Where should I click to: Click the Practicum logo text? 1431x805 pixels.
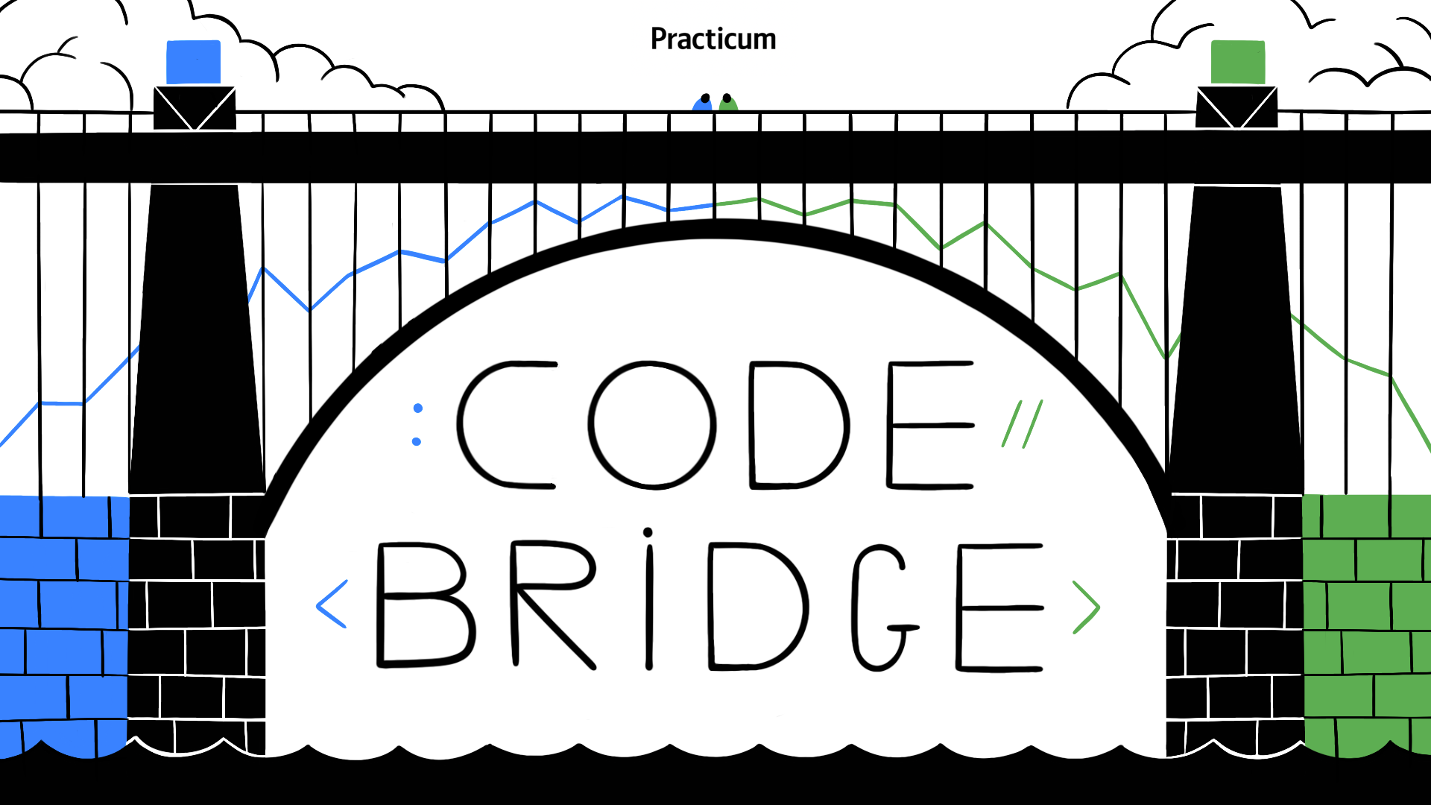[713, 39]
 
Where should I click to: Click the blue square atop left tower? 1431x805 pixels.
[194, 62]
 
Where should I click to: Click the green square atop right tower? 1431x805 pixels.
[1238, 62]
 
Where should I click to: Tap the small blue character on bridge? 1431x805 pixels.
[702, 104]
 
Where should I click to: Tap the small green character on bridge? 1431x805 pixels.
[727, 104]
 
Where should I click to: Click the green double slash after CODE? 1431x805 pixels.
[1022, 423]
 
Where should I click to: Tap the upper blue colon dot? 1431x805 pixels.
[418, 408]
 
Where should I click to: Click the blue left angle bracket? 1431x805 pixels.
[332, 604]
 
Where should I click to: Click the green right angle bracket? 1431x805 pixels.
[1087, 607]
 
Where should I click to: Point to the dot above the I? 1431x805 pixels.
[648, 532]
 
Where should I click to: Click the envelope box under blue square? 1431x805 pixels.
[195, 108]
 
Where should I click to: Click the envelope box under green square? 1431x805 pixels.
[1236, 107]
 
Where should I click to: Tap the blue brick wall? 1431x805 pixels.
[63, 626]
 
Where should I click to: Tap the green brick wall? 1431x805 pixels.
[1366, 626]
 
